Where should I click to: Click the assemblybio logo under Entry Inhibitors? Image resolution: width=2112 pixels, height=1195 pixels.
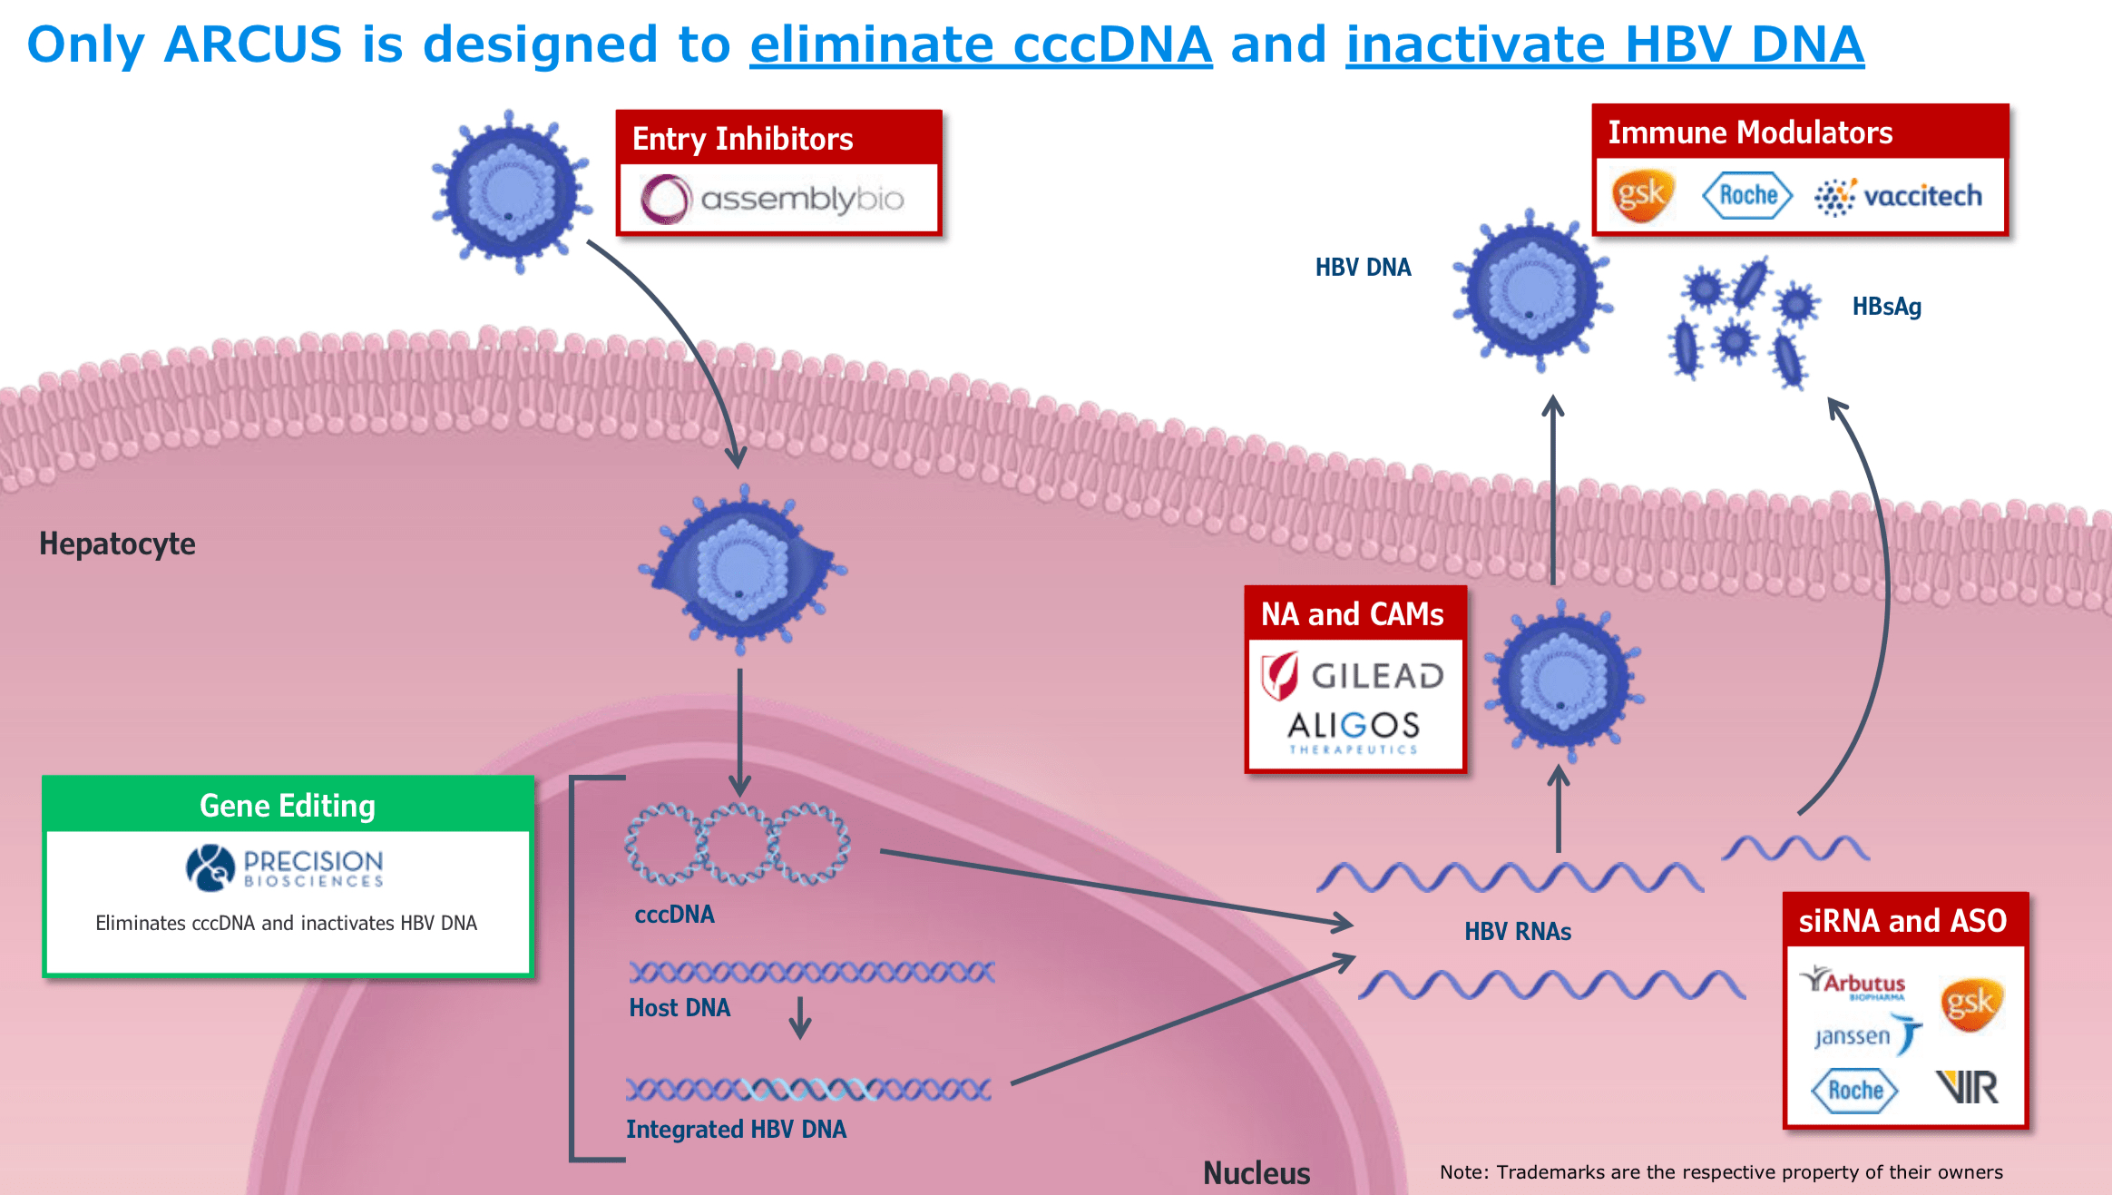click(773, 199)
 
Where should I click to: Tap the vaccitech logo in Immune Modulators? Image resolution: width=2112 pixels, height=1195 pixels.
click(1899, 196)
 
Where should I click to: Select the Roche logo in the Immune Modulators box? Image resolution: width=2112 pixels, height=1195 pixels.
click(1747, 195)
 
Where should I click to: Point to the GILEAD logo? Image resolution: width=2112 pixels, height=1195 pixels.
click(1354, 676)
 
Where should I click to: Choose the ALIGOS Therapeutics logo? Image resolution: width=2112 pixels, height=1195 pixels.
click(1354, 730)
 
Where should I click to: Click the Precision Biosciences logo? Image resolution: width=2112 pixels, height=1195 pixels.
click(286, 867)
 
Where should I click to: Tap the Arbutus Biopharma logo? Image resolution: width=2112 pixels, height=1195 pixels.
click(1853, 983)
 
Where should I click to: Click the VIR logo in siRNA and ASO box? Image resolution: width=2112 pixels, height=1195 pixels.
click(1967, 1087)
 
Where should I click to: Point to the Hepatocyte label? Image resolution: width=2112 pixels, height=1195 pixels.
click(117, 544)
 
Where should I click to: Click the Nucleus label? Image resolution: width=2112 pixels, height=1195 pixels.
click(1256, 1173)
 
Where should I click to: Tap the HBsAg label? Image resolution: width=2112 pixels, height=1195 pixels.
click(1887, 307)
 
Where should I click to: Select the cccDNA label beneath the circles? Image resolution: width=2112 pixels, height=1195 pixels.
click(674, 915)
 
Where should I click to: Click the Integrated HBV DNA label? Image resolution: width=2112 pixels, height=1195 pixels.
click(736, 1130)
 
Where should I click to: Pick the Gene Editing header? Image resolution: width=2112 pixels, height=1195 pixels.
click(288, 806)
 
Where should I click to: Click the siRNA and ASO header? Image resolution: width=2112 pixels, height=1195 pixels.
click(1902, 921)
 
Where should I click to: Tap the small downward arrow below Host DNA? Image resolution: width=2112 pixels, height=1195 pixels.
click(799, 1018)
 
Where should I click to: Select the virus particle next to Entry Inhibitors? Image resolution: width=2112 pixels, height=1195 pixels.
click(512, 191)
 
